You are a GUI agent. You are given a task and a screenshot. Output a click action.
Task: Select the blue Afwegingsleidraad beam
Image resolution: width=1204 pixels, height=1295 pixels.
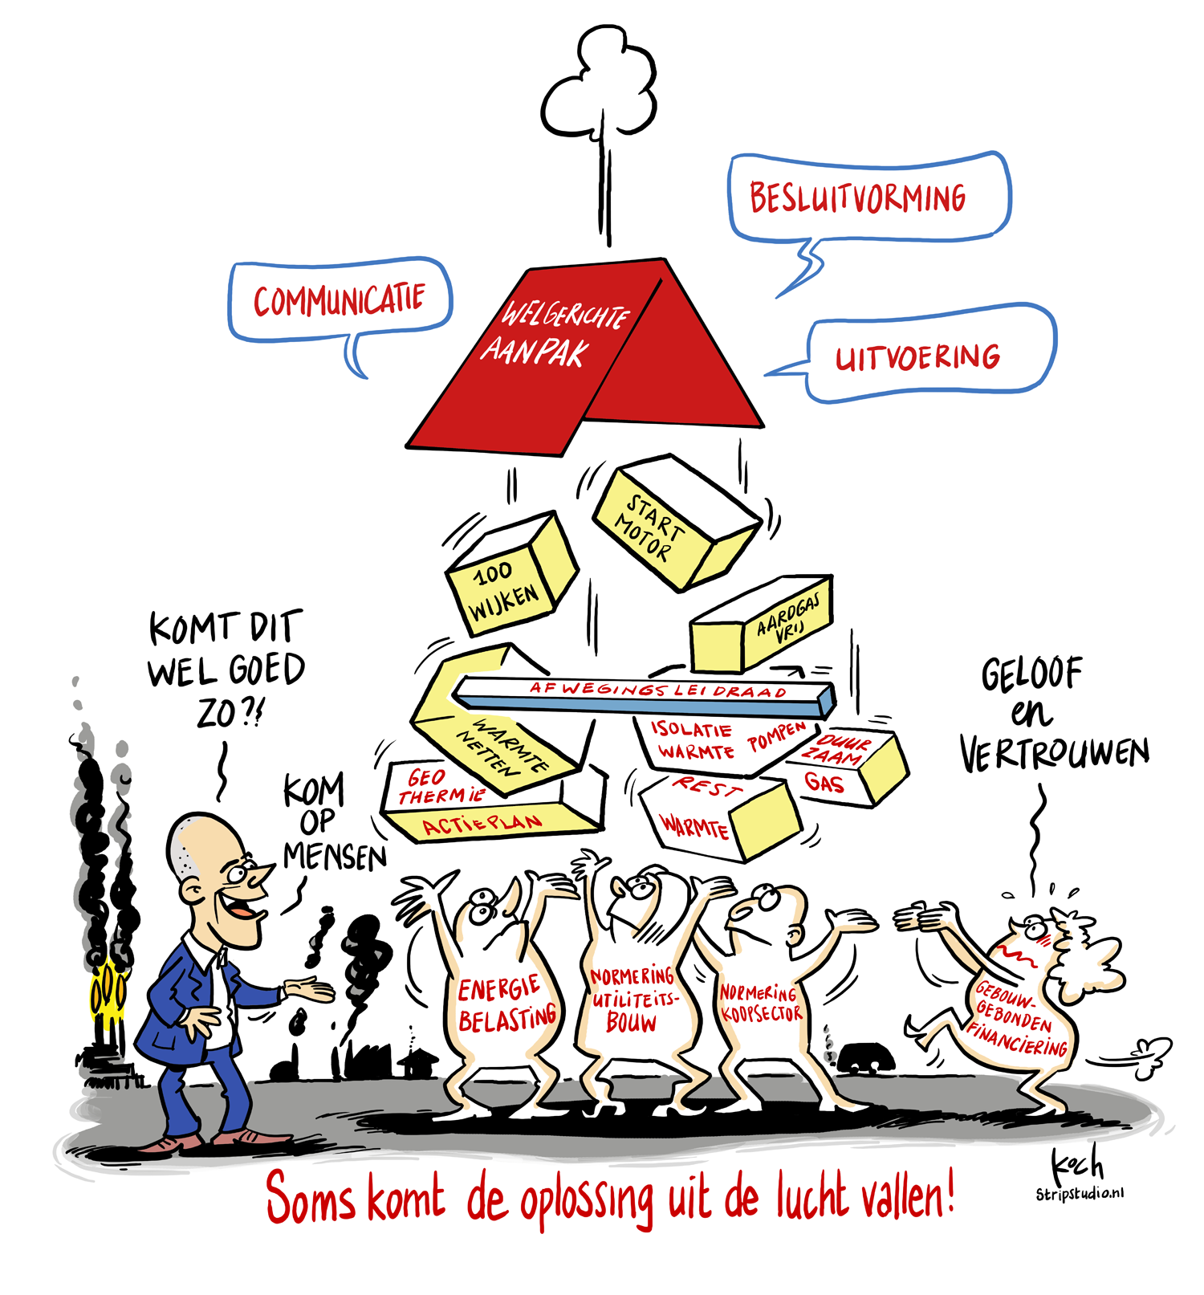642,695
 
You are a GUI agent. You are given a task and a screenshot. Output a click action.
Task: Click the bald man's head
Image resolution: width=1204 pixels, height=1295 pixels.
217,875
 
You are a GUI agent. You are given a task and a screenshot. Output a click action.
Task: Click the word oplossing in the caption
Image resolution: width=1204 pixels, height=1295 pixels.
586,1200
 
